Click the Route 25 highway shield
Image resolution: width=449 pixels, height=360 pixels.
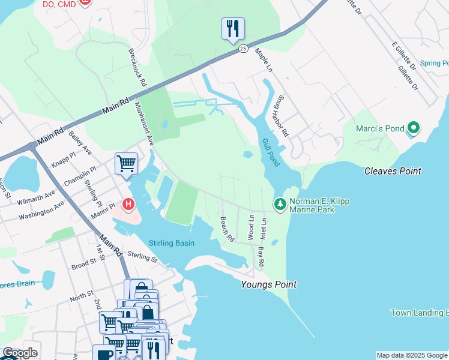(243, 48)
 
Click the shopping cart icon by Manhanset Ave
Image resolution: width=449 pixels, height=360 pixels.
(126, 163)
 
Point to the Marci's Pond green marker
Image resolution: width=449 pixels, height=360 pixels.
(412, 128)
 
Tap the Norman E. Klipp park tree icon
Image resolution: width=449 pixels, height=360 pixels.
(280, 205)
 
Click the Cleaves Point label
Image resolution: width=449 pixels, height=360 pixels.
(393, 171)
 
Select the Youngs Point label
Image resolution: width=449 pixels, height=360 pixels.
(268, 284)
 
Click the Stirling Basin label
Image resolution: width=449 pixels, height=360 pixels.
(172, 243)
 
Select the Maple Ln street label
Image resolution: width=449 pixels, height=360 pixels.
(264, 61)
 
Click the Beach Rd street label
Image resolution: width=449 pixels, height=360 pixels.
(227, 229)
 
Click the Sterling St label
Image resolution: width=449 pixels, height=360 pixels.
(142, 258)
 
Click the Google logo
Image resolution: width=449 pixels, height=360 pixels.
(19, 353)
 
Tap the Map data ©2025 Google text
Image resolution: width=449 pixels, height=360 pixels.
(412, 355)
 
